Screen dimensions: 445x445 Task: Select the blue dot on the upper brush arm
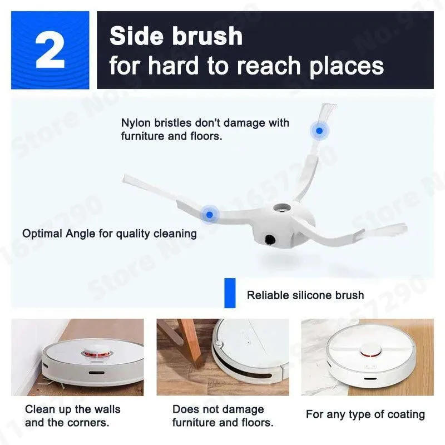(x=319, y=131)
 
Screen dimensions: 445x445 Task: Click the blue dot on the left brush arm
(x=209, y=213)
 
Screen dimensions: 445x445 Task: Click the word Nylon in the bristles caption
(x=136, y=122)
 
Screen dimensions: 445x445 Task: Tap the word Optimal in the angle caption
(x=42, y=234)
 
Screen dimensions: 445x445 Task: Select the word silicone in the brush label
(x=313, y=295)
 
